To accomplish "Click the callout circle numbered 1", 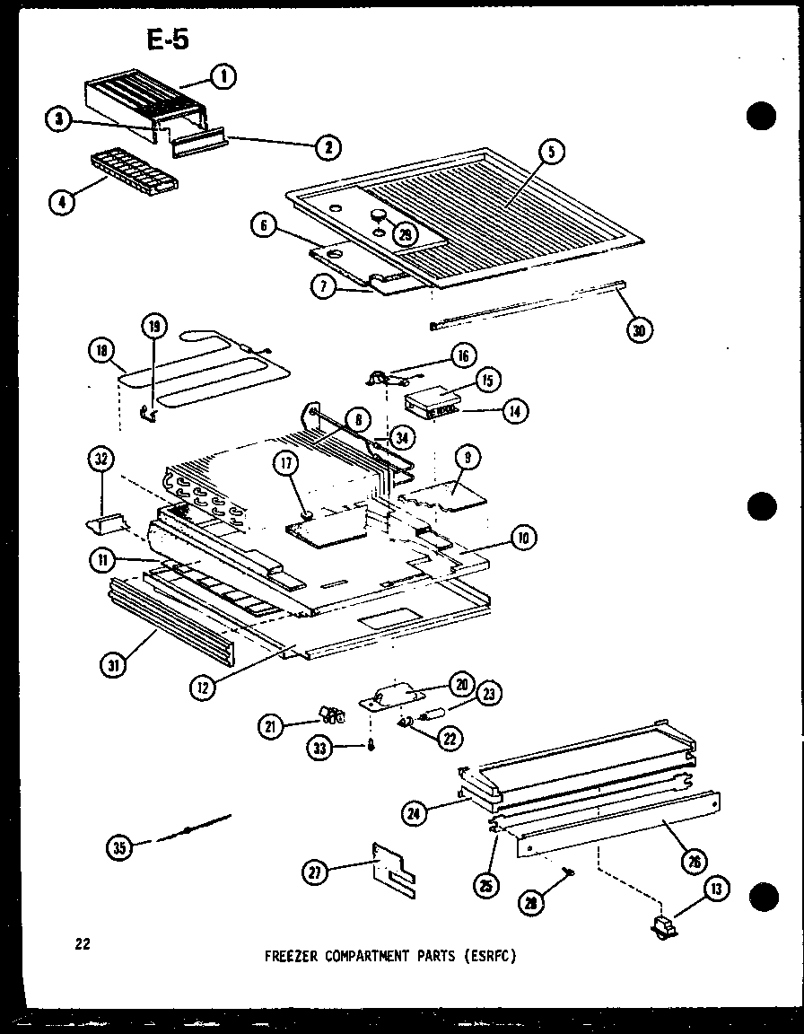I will click(x=223, y=78).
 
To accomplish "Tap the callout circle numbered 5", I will click(x=552, y=152).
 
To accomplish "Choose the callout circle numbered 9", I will click(x=468, y=457).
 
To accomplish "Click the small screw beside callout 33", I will click(x=369, y=748).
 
